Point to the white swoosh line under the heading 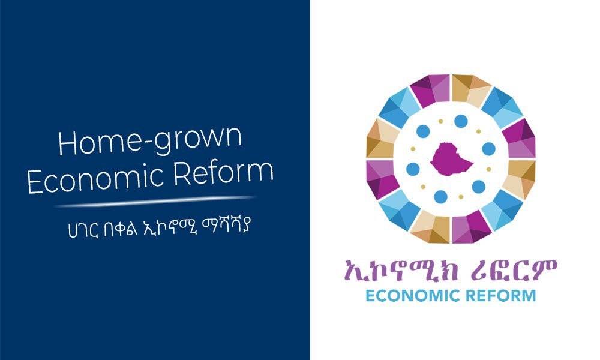(x=156, y=201)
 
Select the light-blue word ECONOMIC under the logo (x=413, y=296)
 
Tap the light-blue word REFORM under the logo (x=501, y=296)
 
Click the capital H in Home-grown (x=67, y=143)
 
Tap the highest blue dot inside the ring (x=461, y=121)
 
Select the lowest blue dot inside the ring (x=440, y=197)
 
